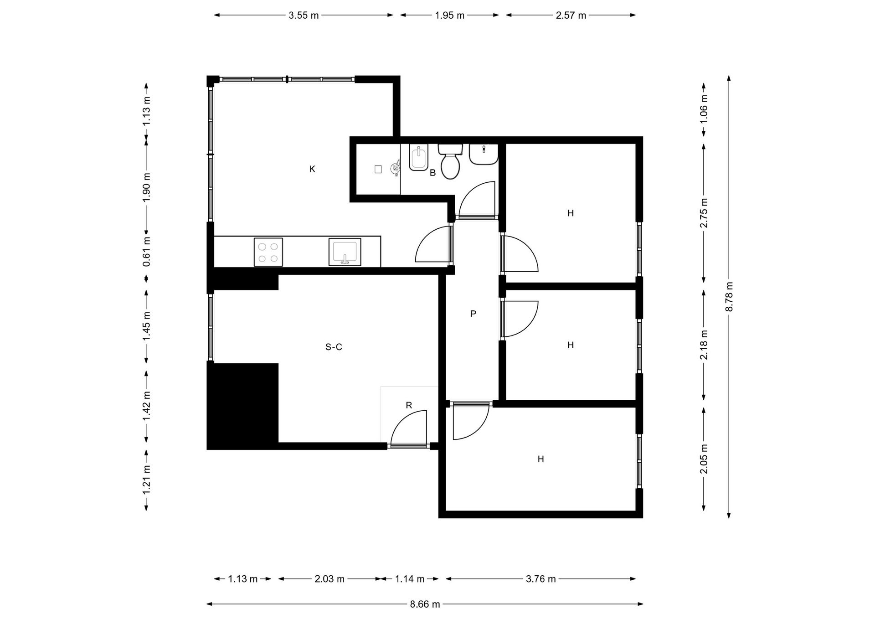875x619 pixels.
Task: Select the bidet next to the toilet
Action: tap(418, 158)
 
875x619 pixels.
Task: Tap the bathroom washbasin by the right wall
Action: tap(484, 155)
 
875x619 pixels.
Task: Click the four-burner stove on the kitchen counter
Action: tap(268, 252)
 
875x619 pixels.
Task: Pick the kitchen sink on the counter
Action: tap(345, 252)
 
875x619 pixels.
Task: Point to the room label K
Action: tap(312, 169)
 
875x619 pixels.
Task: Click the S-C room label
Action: tap(334, 347)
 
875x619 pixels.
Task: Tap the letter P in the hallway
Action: tap(473, 314)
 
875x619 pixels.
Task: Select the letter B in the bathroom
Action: tap(433, 173)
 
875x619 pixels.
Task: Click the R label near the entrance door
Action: tap(409, 405)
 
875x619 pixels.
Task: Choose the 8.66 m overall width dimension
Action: tap(425, 604)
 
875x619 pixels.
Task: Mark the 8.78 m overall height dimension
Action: tap(729, 297)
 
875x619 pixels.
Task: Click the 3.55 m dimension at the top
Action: tap(304, 15)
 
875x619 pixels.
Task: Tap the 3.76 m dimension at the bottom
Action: tap(540, 579)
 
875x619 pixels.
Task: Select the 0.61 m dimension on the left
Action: tap(146, 252)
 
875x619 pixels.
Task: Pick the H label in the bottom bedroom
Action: tap(540, 459)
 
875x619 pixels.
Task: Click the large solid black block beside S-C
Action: tap(242, 406)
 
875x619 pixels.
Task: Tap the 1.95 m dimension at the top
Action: tap(449, 15)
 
